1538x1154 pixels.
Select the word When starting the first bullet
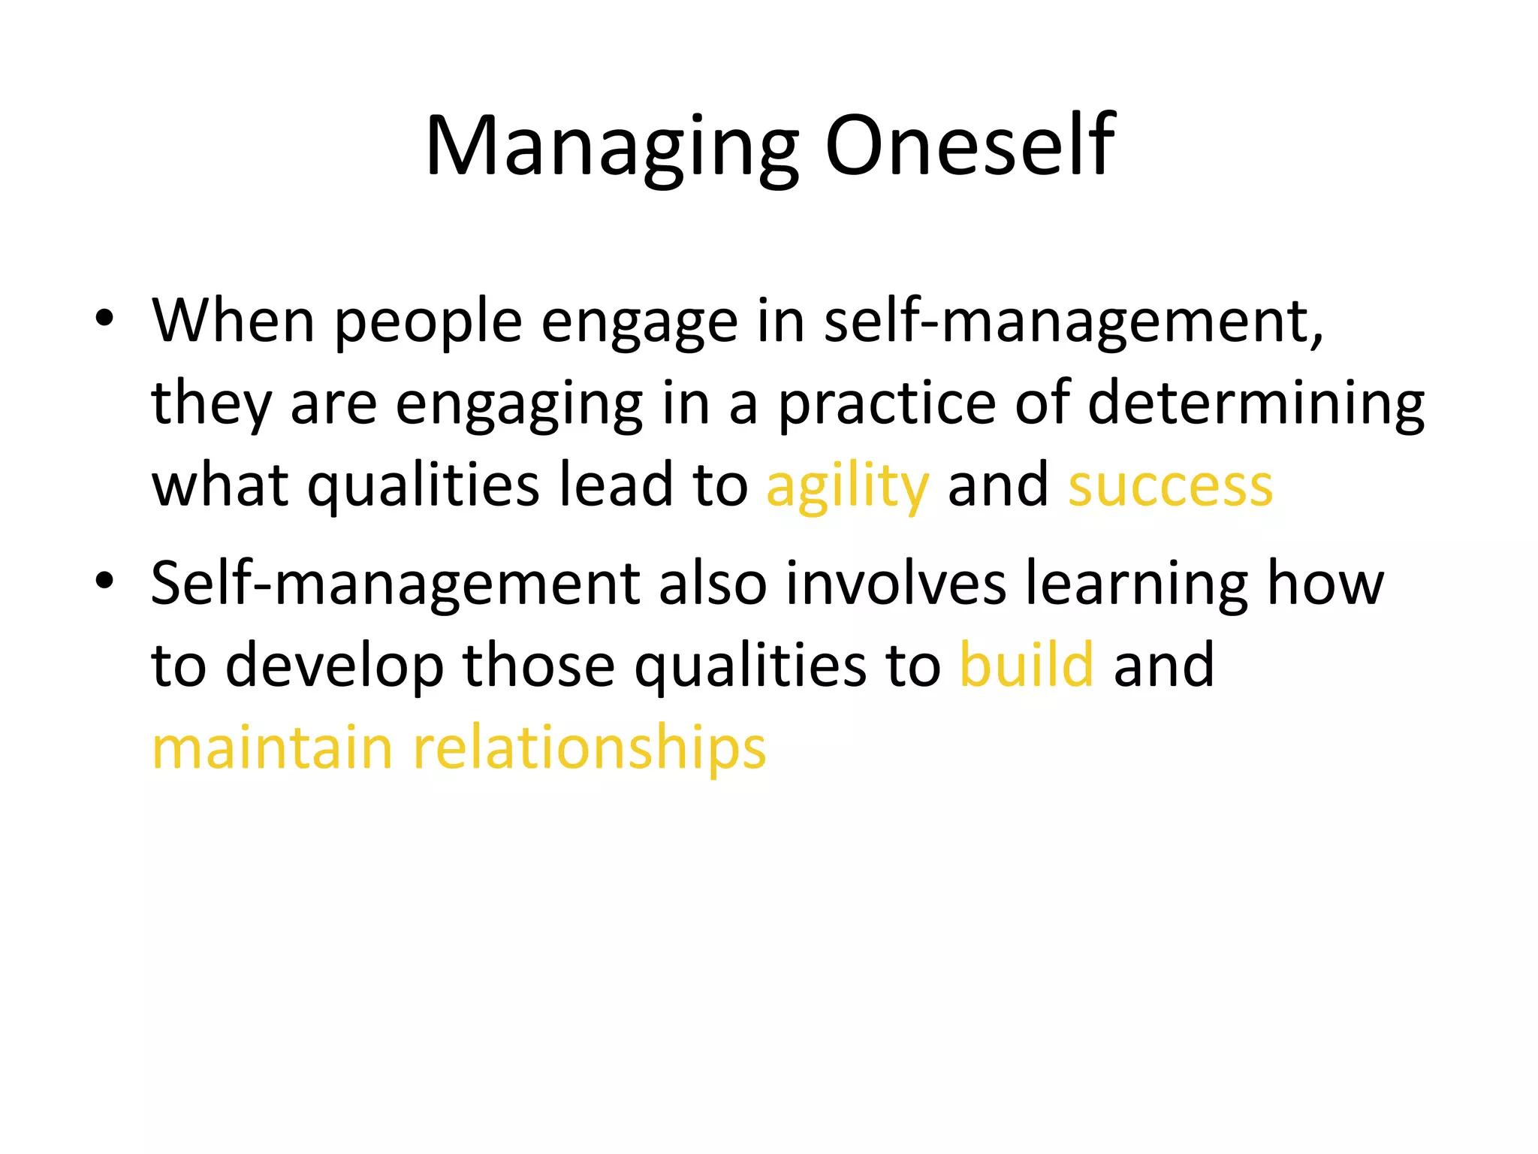(x=233, y=321)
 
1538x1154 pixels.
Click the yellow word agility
(x=847, y=487)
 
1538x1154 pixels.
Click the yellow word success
(x=1170, y=487)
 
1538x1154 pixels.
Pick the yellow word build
(x=1026, y=665)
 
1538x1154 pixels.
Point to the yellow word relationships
(x=590, y=748)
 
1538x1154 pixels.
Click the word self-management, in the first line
(x=1074, y=322)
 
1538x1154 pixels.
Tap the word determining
(x=1256, y=404)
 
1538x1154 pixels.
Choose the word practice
(x=886, y=404)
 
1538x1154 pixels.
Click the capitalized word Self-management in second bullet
(x=395, y=584)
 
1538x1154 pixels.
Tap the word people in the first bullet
(x=427, y=322)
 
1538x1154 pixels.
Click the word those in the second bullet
(x=538, y=665)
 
